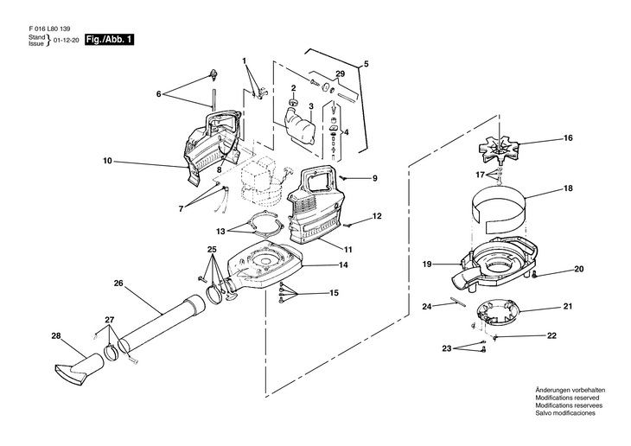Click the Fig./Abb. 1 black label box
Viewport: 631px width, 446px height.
(109, 40)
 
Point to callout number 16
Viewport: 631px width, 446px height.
(568, 138)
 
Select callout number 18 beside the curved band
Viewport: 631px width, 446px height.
(568, 188)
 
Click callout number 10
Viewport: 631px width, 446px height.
(108, 161)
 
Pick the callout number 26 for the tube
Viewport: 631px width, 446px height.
(118, 283)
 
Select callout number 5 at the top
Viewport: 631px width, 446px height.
(366, 64)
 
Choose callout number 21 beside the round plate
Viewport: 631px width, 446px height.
(568, 307)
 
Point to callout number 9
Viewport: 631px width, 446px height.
(375, 179)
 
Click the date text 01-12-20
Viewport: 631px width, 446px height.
(66, 41)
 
